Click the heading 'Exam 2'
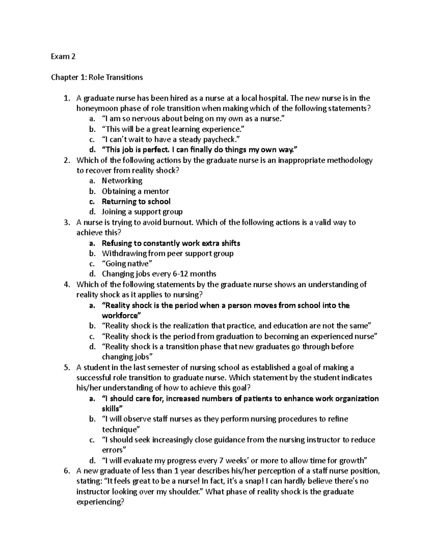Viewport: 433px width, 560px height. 63,56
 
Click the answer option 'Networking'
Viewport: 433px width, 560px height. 122,181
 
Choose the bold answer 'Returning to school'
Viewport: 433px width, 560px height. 136,202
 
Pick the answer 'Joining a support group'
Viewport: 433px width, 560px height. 142,212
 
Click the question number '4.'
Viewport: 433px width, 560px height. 66,285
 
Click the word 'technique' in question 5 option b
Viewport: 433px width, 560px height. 120,430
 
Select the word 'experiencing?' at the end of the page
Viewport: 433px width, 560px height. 100,502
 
